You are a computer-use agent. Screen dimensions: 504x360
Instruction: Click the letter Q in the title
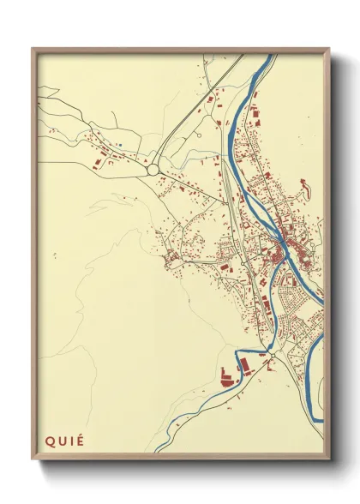tap(51, 441)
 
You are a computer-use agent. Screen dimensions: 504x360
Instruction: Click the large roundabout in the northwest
tap(153, 171)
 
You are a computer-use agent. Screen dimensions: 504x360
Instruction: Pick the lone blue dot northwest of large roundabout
tap(121, 145)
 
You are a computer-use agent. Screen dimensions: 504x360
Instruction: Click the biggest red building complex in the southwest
tap(229, 375)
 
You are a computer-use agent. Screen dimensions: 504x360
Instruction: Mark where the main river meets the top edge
tap(269, 57)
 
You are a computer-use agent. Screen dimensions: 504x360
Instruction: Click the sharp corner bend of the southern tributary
tap(237, 352)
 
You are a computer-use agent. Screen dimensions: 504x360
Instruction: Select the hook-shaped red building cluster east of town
tap(303, 185)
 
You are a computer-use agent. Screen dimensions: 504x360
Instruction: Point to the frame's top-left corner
tap(33, 48)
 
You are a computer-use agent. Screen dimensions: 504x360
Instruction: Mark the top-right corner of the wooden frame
tap(330, 48)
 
